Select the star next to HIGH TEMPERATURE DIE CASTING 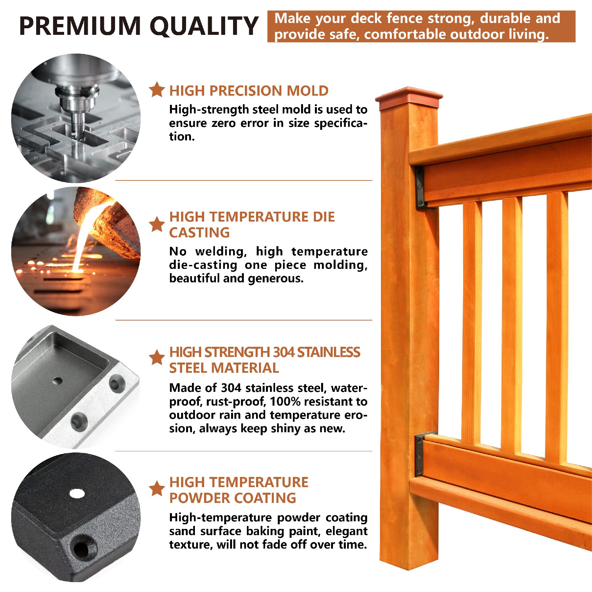(x=157, y=225)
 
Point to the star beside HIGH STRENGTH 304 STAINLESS (x=157, y=357)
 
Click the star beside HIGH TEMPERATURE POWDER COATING (x=157, y=489)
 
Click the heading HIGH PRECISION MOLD (x=249, y=91)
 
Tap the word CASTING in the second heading (x=199, y=233)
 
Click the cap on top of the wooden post (x=409, y=98)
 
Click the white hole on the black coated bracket (x=77, y=493)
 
